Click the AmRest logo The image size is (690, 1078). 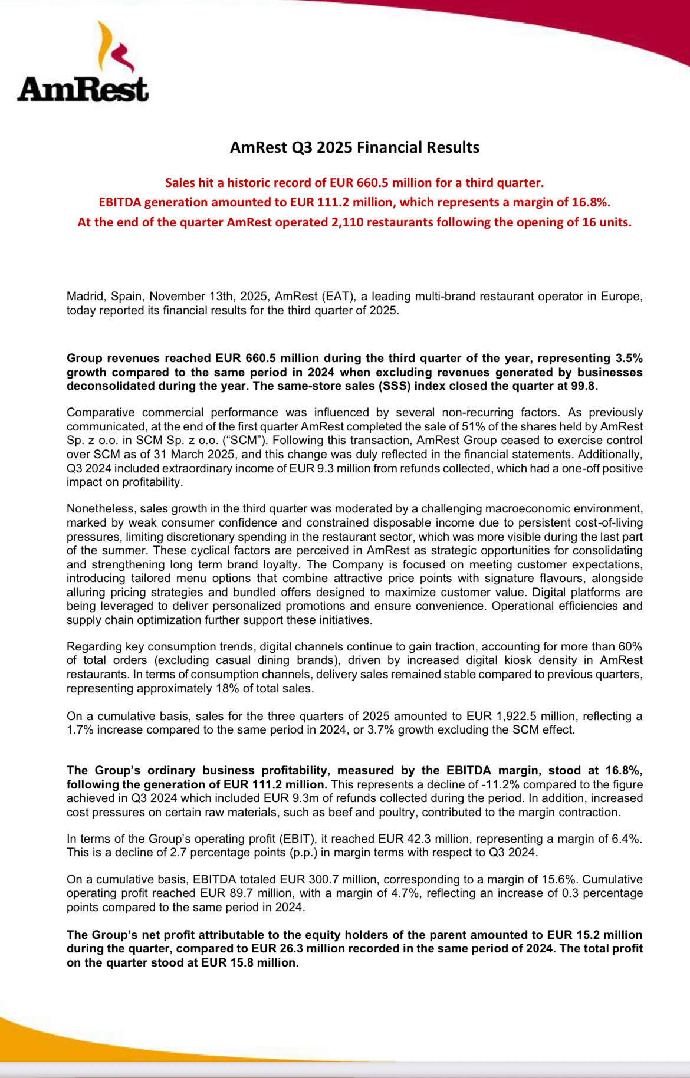[83, 62]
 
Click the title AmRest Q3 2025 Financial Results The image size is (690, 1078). [354, 147]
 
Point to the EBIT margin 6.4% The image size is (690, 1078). [627, 839]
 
